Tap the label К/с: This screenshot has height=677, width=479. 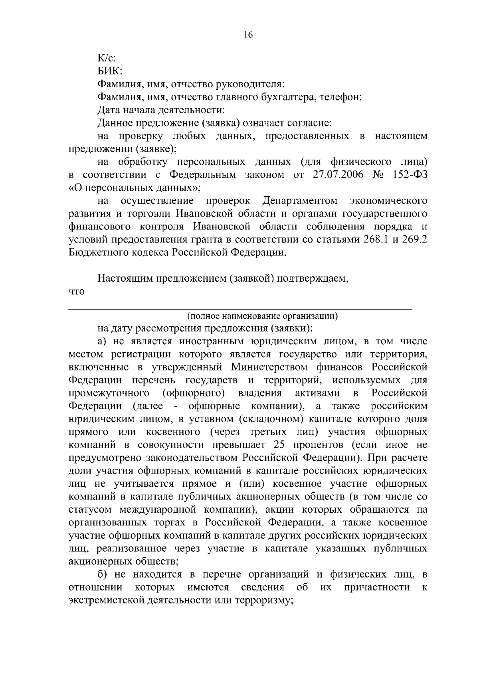click(107, 58)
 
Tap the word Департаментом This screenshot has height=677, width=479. click(300, 201)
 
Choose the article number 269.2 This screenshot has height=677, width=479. click(413, 240)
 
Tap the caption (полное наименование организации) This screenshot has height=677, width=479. click(262, 316)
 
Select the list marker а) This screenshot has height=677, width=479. click(102, 341)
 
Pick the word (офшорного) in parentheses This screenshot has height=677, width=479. click(194, 393)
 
